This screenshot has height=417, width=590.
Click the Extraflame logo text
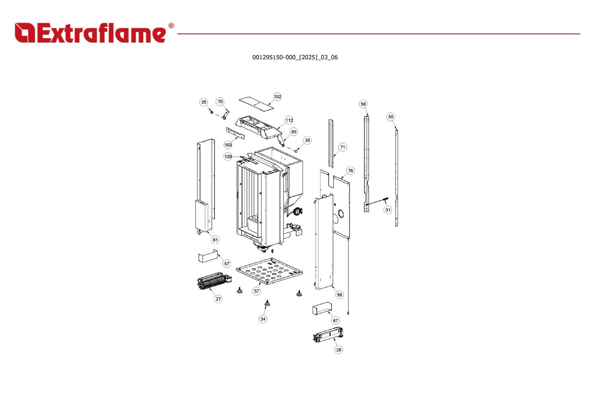[x=90, y=33]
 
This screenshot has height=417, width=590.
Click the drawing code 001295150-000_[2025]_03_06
[x=295, y=57]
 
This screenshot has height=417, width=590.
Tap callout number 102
[x=277, y=97]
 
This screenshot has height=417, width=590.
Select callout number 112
[x=289, y=120]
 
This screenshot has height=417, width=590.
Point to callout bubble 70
[x=220, y=101]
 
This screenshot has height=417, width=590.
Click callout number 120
[x=228, y=157]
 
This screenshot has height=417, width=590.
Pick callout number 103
[x=228, y=145]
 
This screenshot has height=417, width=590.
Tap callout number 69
[x=294, y=132]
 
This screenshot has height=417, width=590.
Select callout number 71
[x=342, y=147]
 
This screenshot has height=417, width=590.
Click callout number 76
[x=350, y=170]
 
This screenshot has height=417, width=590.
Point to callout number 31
[x=387, y=210]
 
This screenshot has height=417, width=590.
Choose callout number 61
[x=215, y=239]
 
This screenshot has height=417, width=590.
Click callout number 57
[x=256, y=291]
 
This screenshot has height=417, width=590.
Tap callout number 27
[x=218, y=299]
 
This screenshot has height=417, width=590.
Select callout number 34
[x=263, y=319]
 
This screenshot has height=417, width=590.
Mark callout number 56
[x=339, y=295]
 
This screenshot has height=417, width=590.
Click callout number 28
[x=339, y=350]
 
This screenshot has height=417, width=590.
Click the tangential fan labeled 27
[x=214, y=281]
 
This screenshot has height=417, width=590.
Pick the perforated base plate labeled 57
[x=269, y=271]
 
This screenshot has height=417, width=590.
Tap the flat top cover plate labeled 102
[x=256, y=103]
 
